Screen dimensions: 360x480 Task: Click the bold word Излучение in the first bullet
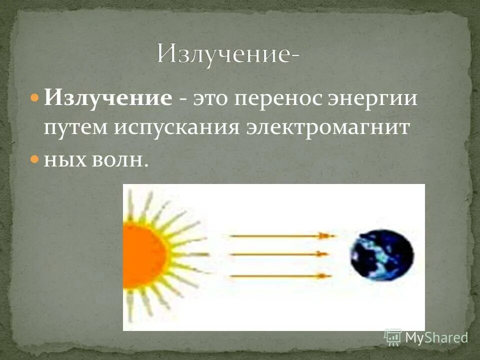[x=107, y=98]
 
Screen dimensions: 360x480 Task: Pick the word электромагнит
[x=327, y=128]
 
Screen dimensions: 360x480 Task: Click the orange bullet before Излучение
[x=34, y=97]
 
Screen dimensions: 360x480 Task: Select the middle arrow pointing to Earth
[x=280, y=254]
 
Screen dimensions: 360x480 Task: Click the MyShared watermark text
[x=436, y=337]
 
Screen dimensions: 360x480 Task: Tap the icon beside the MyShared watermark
[x=393, y=337]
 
